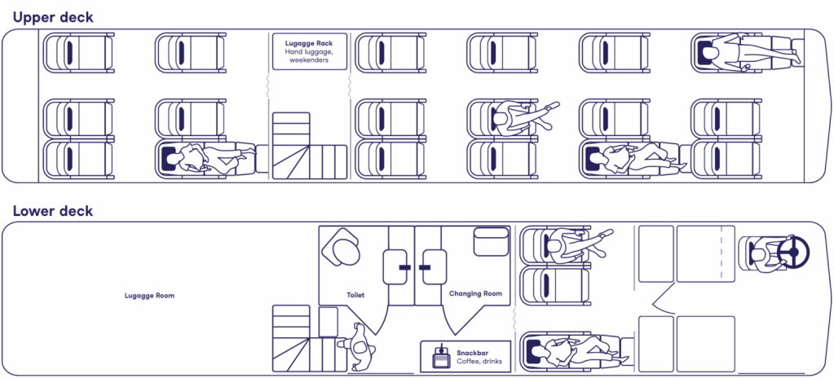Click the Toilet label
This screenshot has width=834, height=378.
click(355, 294)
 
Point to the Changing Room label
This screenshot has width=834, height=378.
click(475, 294)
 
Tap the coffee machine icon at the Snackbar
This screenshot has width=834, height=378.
click(440, 354)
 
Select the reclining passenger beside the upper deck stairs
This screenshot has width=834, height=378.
click(208, 156)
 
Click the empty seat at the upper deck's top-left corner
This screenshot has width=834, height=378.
click(78, 53)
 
